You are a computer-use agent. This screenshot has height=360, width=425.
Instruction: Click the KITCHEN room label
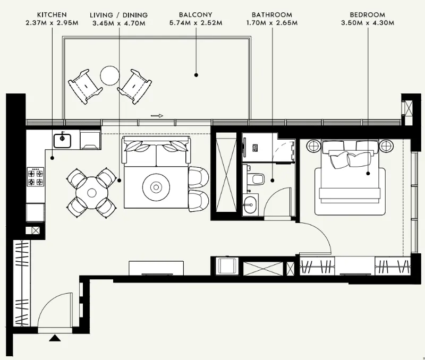pyautogui.click(x=52, y=15)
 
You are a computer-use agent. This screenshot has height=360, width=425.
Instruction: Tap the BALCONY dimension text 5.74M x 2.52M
pyautogui.click(x=195, y=23)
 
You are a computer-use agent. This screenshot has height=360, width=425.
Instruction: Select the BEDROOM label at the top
pyautogui.click(x=367, y=15)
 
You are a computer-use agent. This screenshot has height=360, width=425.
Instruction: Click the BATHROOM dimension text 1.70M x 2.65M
pyautogui.click(x=272, y=23)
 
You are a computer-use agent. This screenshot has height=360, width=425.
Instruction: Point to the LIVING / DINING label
pyautogui.click(x=118, y=15)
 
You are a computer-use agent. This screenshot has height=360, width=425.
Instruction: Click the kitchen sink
pyautogui.click(x=62, y=141)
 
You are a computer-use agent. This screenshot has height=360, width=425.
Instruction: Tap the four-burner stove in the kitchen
pyautogui.click(x=36, y=177)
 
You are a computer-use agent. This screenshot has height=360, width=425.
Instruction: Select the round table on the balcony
pyautogui.click(x=109, y=75)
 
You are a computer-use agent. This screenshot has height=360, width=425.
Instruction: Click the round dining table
pyautogui.click(x=92, y=193)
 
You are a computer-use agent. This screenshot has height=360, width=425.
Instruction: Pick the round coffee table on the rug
pyautogui.click(x=156, y=186)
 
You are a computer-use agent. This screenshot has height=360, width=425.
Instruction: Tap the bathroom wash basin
pyautogui.click(x=250, y=204)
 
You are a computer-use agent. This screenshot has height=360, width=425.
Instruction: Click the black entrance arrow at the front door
pyautogui.click(x=55, y=338)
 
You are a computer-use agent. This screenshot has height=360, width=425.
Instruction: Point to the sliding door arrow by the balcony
pyautogui.click(x=157, y=116)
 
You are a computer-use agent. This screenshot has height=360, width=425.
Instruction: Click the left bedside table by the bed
pyautogui.click(x=313, y=146)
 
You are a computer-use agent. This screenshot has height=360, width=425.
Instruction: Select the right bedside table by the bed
pyautogui.click(x=386, y=146)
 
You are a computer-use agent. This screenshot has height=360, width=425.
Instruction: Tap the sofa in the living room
pyautogui.click(x=156, y=151)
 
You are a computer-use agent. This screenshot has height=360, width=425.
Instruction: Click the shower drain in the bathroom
pyautogui.click(x=256, y=148)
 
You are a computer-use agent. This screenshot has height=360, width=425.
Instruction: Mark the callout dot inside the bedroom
pyautogui.click(x=368, y=174)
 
